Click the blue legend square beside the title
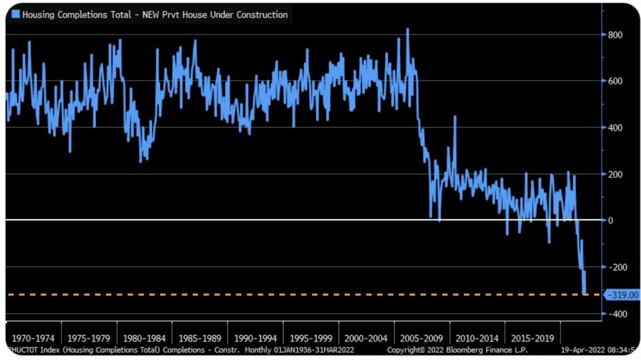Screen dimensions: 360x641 coord(15,14)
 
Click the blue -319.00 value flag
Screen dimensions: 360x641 coord(622,295)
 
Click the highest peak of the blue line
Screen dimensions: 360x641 coord(408,29)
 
